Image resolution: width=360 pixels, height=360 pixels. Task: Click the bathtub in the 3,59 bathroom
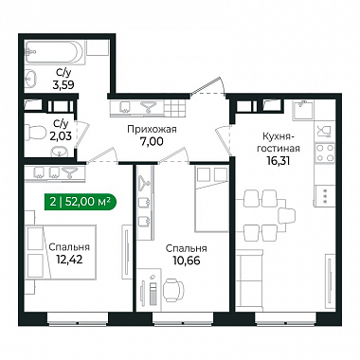click(54, 52)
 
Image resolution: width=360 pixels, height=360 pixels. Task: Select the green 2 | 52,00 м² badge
click(81, 202)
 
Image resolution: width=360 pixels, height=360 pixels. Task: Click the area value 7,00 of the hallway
click(152, 141)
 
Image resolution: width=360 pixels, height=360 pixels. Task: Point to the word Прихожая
click(152, 129)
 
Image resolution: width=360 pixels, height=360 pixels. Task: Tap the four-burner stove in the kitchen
click(325, 153)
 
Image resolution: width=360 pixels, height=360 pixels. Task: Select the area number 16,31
click(278, 161)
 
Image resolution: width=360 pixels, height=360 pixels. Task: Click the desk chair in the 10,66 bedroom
click(173, 288)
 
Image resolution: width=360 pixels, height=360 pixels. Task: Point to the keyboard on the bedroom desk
click(153, 293)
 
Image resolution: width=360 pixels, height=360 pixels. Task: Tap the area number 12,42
click(69, 260)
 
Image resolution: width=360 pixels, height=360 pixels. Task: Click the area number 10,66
click(187, 261)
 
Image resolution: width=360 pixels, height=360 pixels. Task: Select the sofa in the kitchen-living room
click(249, 278)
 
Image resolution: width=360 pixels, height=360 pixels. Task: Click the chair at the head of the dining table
click(286, 216)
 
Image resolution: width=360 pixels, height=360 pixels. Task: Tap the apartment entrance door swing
click(208, 86)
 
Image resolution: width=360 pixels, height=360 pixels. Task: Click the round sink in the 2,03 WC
click(59, 152)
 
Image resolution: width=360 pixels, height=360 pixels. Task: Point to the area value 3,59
click(65, 84)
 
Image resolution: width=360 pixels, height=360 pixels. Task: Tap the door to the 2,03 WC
click(80, 135)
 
